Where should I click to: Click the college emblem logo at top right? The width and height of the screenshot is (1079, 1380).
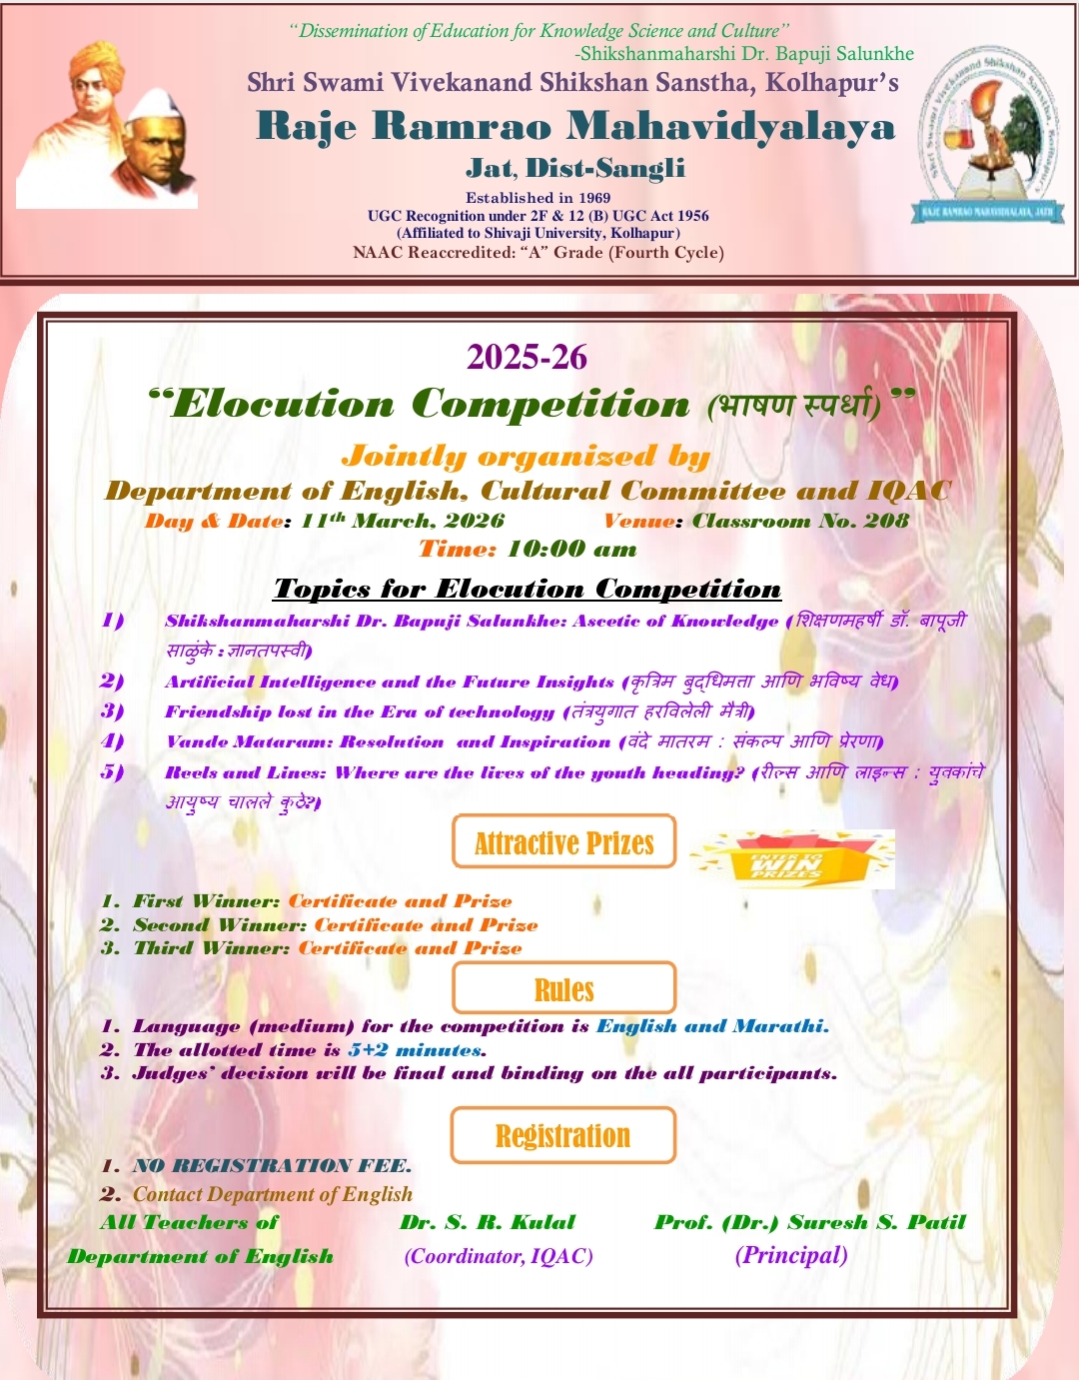click(988, 135)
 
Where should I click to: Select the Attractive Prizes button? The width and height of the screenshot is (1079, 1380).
click(563, 842)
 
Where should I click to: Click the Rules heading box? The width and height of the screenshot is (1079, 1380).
click(563, 989)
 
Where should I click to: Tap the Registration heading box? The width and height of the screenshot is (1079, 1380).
click(563, 1135)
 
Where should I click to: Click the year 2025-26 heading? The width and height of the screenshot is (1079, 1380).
click(527, 357)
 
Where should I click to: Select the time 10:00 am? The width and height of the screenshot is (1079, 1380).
click(571, 549)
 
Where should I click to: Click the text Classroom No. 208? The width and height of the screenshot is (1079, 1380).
click(800, 521)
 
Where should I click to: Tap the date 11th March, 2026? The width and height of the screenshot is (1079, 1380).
click(403, 521)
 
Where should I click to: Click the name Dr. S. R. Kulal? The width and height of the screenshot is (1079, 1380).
click(488, 1222)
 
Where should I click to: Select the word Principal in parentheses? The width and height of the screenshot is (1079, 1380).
click(791, 1255)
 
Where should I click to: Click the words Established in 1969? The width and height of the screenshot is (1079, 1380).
click(538, 198)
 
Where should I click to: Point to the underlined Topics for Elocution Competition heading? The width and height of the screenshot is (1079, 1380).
click(528, 589)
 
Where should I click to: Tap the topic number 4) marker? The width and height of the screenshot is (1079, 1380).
click(113, 741)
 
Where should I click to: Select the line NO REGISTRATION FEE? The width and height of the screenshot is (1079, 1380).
click(272, 1165)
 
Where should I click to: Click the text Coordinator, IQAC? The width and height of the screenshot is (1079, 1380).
click(499, 1256)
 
